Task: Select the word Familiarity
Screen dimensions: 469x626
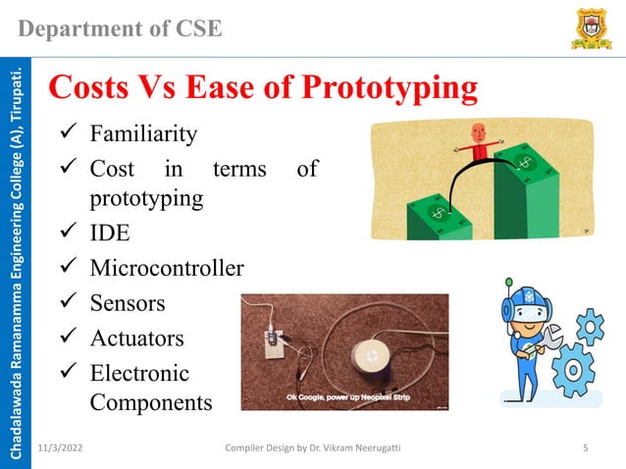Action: tap(143, 132)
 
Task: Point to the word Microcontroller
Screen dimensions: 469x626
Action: tap(167, 267)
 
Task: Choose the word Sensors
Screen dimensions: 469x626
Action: tap(128, 303)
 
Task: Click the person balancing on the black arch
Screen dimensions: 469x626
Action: tap(478, 143)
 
